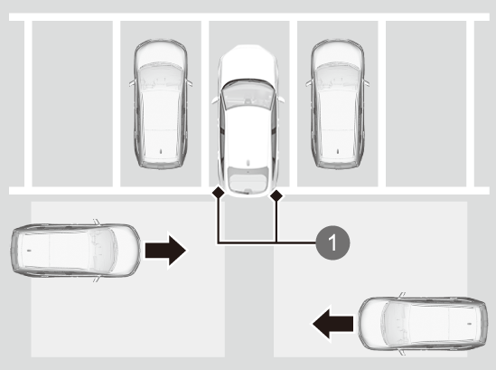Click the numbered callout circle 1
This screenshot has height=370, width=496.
332,242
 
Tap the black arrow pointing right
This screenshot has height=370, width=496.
165,251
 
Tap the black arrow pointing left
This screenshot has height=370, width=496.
332,324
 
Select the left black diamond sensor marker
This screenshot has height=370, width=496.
219,192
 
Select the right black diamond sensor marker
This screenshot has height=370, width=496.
276,196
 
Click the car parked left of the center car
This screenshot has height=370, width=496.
161,104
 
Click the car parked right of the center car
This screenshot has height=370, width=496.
338,104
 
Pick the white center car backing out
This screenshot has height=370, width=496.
248,121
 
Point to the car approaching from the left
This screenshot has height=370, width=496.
76,251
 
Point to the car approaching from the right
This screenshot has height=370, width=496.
423,324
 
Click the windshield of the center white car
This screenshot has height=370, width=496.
248,94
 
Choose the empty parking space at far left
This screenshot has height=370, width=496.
72,104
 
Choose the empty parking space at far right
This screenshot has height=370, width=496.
426,104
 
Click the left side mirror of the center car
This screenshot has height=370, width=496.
215,100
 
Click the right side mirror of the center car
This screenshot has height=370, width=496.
281,100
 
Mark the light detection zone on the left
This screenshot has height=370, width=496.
127,280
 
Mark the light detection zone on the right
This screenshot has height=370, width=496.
370,280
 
